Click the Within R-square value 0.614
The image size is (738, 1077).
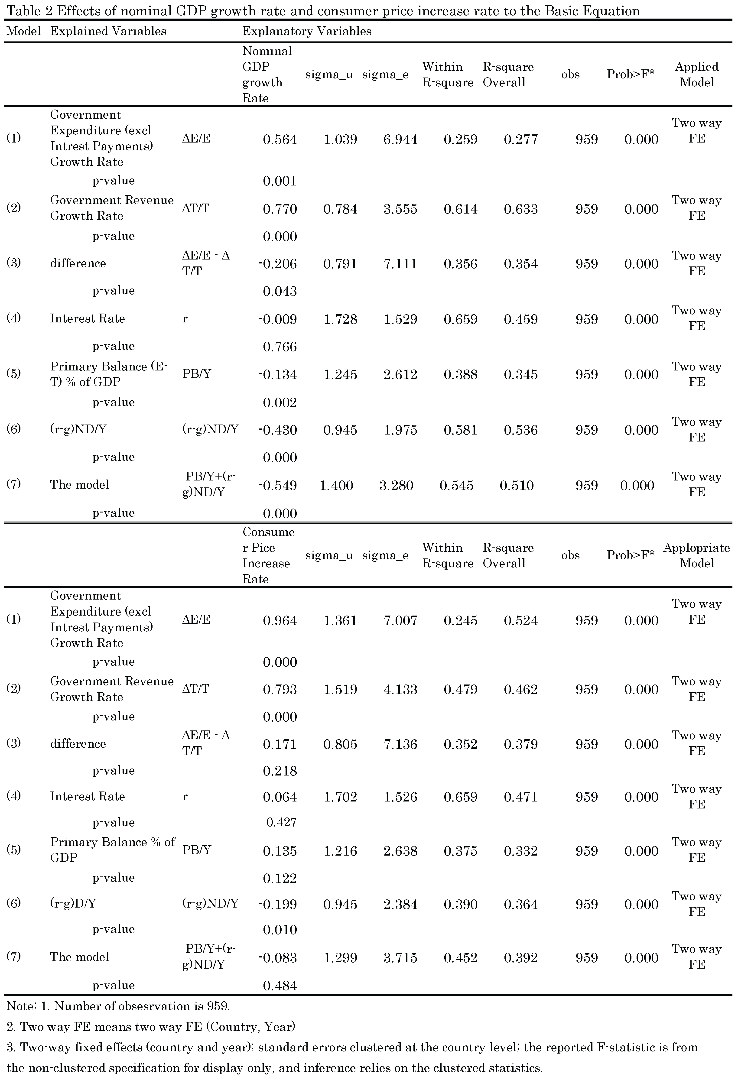(x=460, y=209)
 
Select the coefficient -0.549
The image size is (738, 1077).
(x=278, y=486)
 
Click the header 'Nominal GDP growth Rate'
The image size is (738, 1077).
(x=267, y=75)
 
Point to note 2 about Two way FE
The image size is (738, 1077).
(x=151, y=1027)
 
